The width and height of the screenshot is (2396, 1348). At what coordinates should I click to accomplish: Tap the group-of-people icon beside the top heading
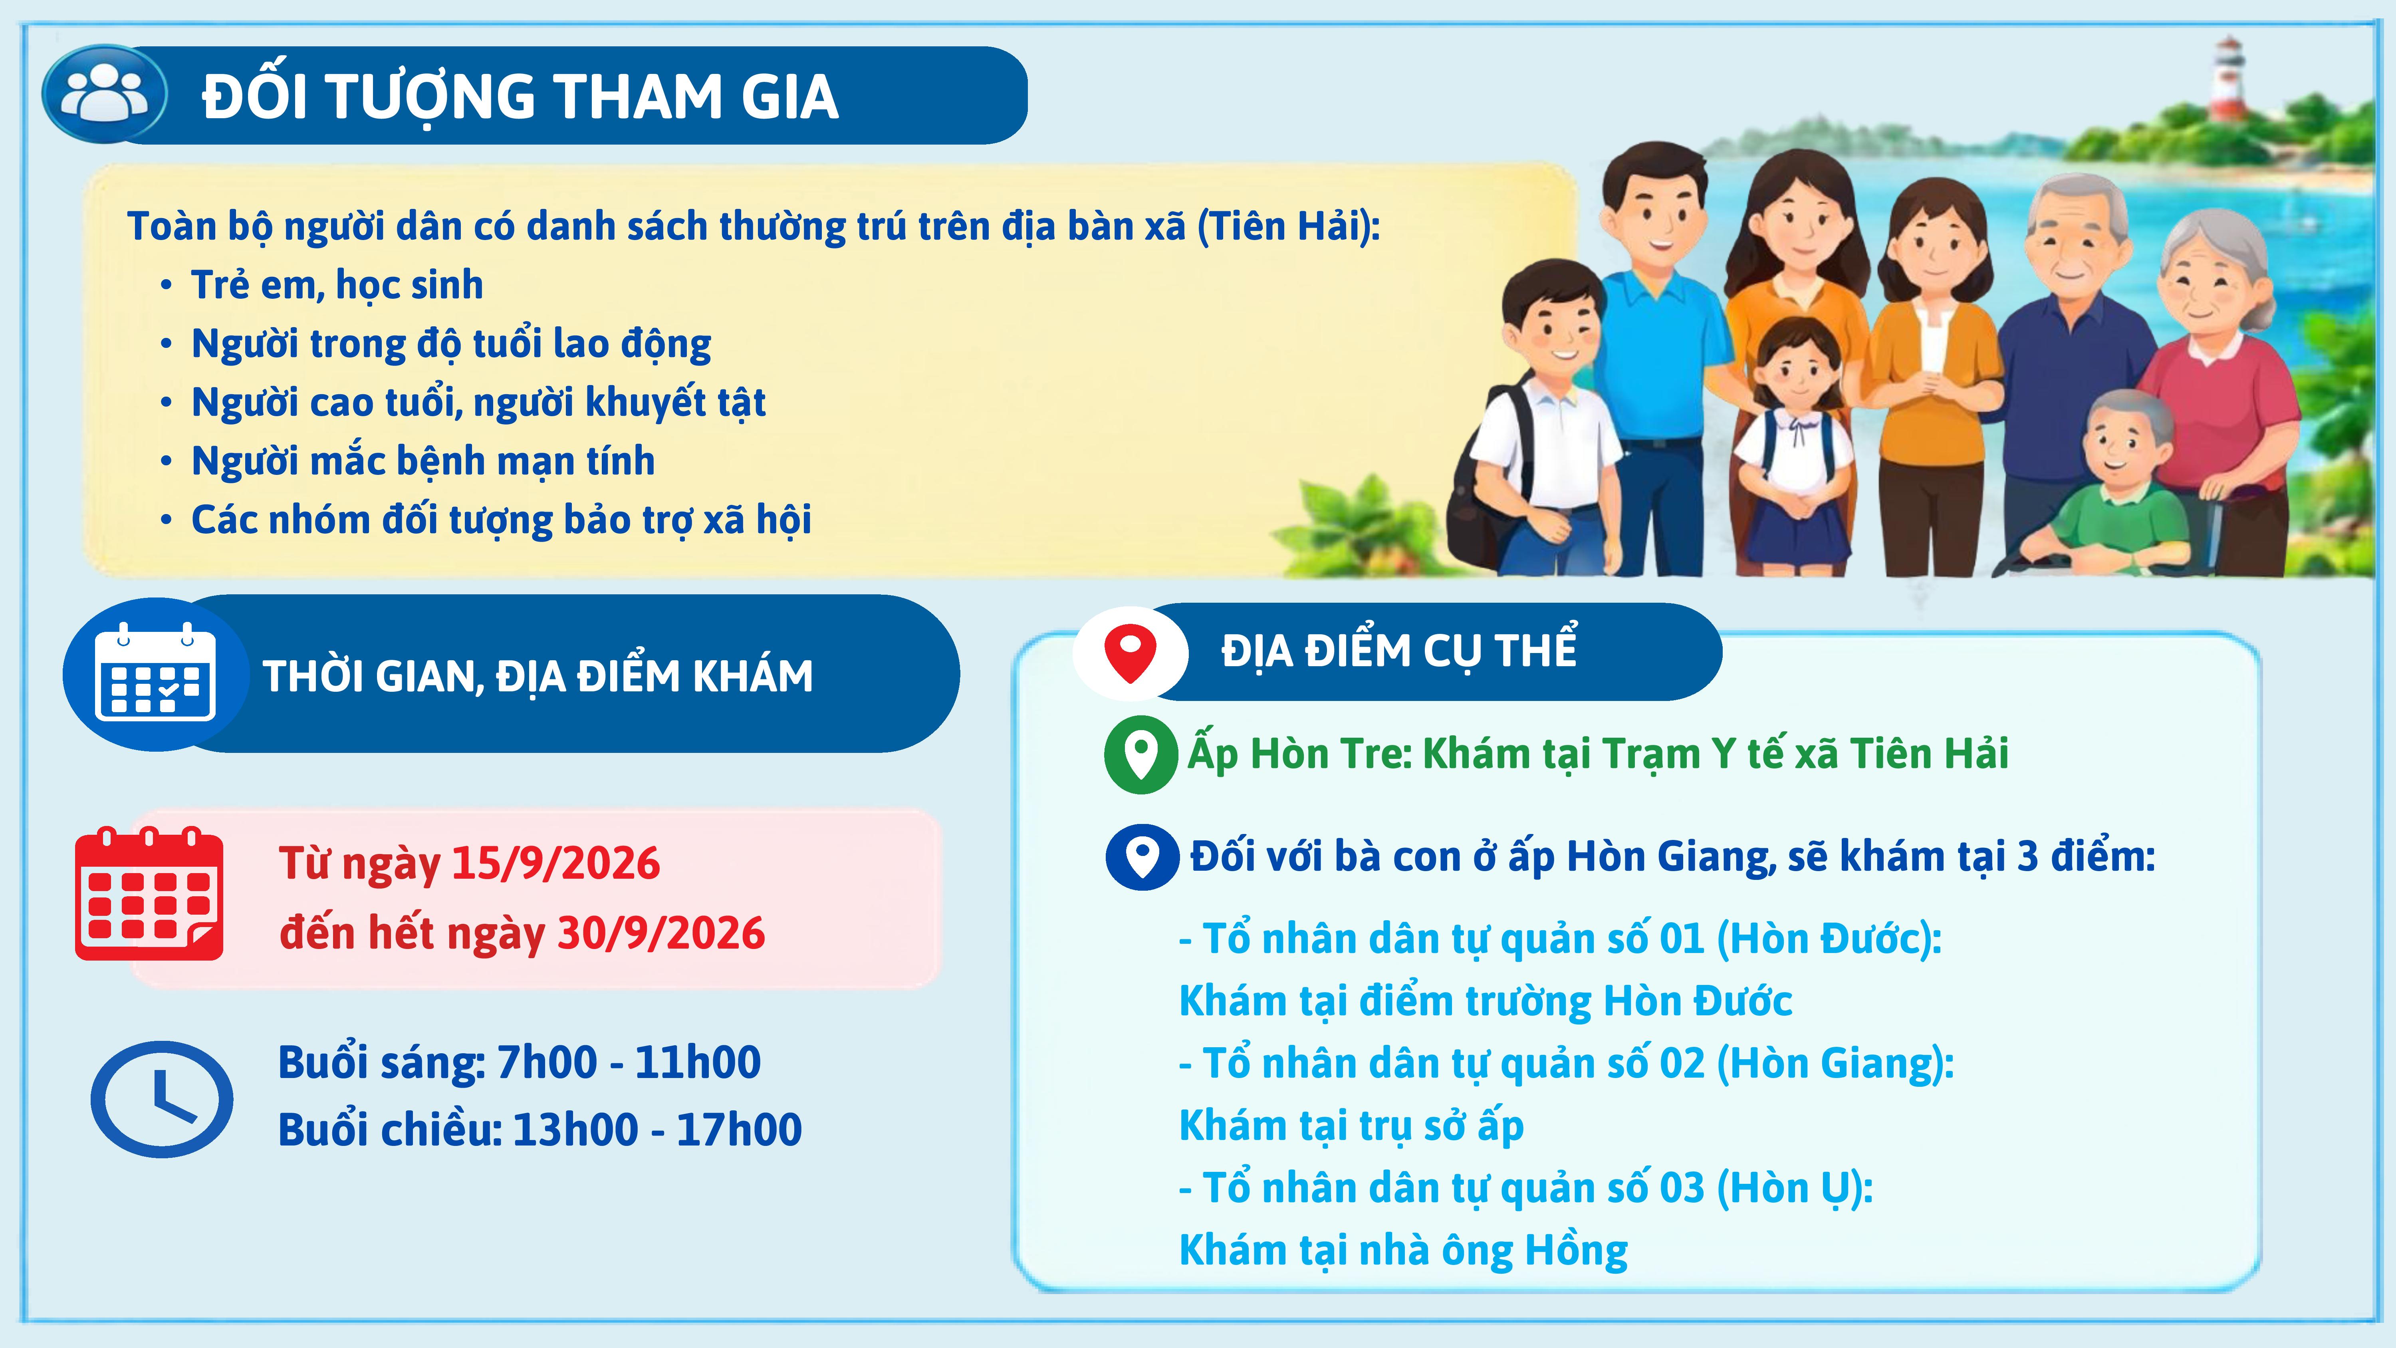pyautogui.click(x=105, y=94)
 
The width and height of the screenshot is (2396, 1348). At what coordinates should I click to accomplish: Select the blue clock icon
pyautogui.click(x=162, y=1099)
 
